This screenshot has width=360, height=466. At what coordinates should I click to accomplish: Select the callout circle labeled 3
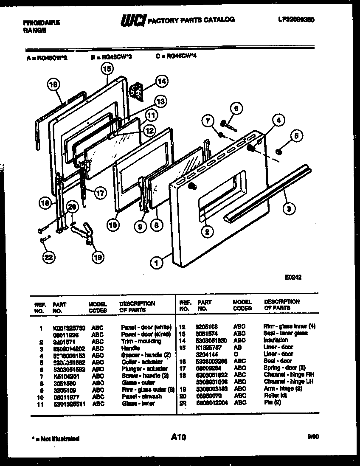[x=288, y=208]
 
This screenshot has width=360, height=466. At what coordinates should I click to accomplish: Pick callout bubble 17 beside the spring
[x=99, y=193]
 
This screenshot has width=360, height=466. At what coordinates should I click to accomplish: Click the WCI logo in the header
[x=133, y=20]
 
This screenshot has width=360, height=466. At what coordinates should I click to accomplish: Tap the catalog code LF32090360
[x=297, y=20]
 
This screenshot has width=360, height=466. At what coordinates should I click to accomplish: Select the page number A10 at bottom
[x=180, y=437]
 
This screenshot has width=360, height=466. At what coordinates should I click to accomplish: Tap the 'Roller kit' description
[x=275, y=395]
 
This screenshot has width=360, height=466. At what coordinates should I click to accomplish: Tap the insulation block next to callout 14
[x=137, y=90]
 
